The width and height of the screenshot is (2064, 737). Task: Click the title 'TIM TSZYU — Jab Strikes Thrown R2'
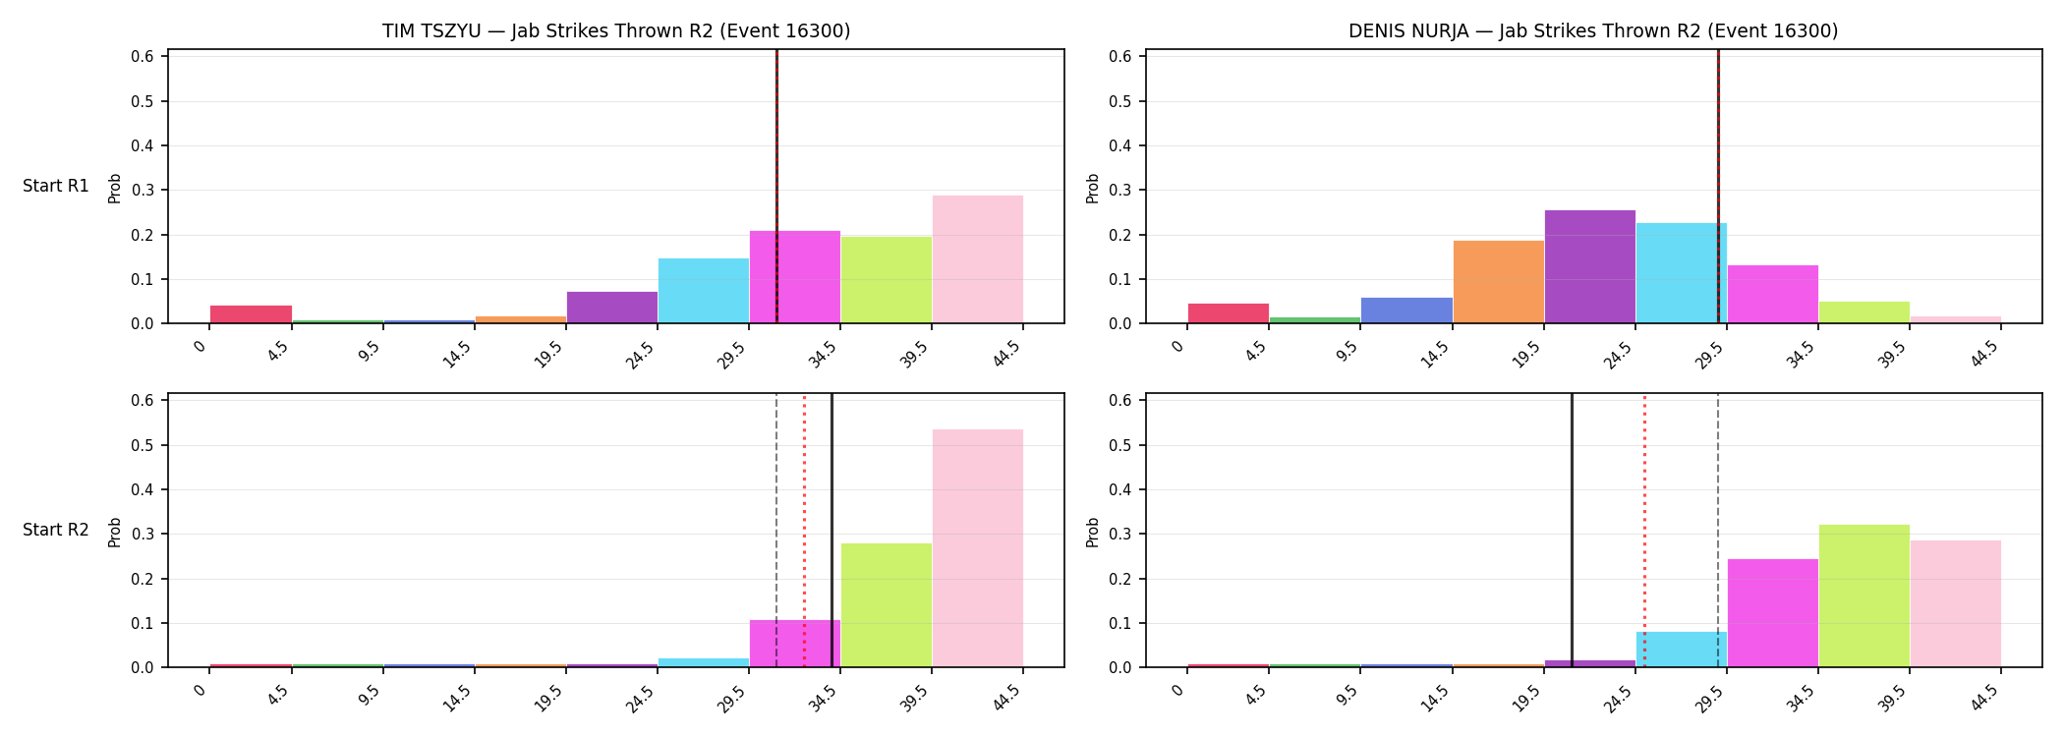point(548,31)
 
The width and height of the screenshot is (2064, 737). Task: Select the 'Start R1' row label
point(56,186)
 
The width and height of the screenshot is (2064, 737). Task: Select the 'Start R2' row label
point(56,530)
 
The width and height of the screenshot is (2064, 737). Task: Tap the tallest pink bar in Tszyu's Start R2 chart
point(978,548)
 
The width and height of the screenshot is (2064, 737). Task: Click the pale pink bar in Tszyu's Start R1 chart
point(978,259)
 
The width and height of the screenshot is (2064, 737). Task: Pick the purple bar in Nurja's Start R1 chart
point(1590,266)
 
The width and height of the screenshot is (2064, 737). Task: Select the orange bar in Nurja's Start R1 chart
point(1499,282)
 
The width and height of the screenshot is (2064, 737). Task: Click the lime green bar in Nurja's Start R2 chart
point(1864,595)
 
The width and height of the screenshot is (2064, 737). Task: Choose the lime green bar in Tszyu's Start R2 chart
point(887,605)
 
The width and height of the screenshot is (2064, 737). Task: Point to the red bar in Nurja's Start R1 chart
point(1229,313)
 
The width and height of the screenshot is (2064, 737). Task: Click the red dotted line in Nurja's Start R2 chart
point(1644,531)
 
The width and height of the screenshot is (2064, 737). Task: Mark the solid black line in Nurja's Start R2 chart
point(1572,531)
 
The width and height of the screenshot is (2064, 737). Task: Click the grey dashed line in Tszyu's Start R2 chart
point(776,531)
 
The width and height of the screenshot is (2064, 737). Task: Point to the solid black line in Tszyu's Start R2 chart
point(831,531)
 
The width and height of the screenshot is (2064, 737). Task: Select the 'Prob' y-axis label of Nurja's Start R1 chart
point(1093,188)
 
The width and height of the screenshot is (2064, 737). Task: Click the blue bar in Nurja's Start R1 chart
point(1407,311)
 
